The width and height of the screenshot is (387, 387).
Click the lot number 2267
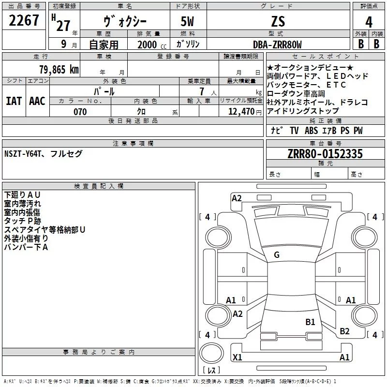pos(24,20)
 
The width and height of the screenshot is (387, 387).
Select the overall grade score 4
pos(369,22)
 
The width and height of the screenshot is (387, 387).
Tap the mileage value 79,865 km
pos(59,70)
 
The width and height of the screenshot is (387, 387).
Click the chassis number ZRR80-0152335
pos(325,154)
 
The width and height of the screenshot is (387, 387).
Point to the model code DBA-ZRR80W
pos(277,45)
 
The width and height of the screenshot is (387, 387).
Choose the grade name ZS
pos(278,21)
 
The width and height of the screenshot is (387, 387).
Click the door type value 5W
pos(187,21)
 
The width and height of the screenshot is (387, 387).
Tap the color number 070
pos(80,112)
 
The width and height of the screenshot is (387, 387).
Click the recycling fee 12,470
pos(241,112)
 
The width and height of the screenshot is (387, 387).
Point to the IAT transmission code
pos(14,101)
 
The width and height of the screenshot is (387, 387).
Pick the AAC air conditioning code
pos(37,101)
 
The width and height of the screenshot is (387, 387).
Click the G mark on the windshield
pos(277,255)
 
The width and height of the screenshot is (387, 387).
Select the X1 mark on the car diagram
pos(237,357)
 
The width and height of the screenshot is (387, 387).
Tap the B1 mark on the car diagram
pos(310,322)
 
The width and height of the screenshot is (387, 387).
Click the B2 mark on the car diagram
pos(344,331)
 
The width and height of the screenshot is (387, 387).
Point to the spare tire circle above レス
pos(211,353)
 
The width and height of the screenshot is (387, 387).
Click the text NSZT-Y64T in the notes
pos(22,154)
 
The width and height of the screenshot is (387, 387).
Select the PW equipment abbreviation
pos(358,131)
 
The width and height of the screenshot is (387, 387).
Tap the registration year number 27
pos(63,26)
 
